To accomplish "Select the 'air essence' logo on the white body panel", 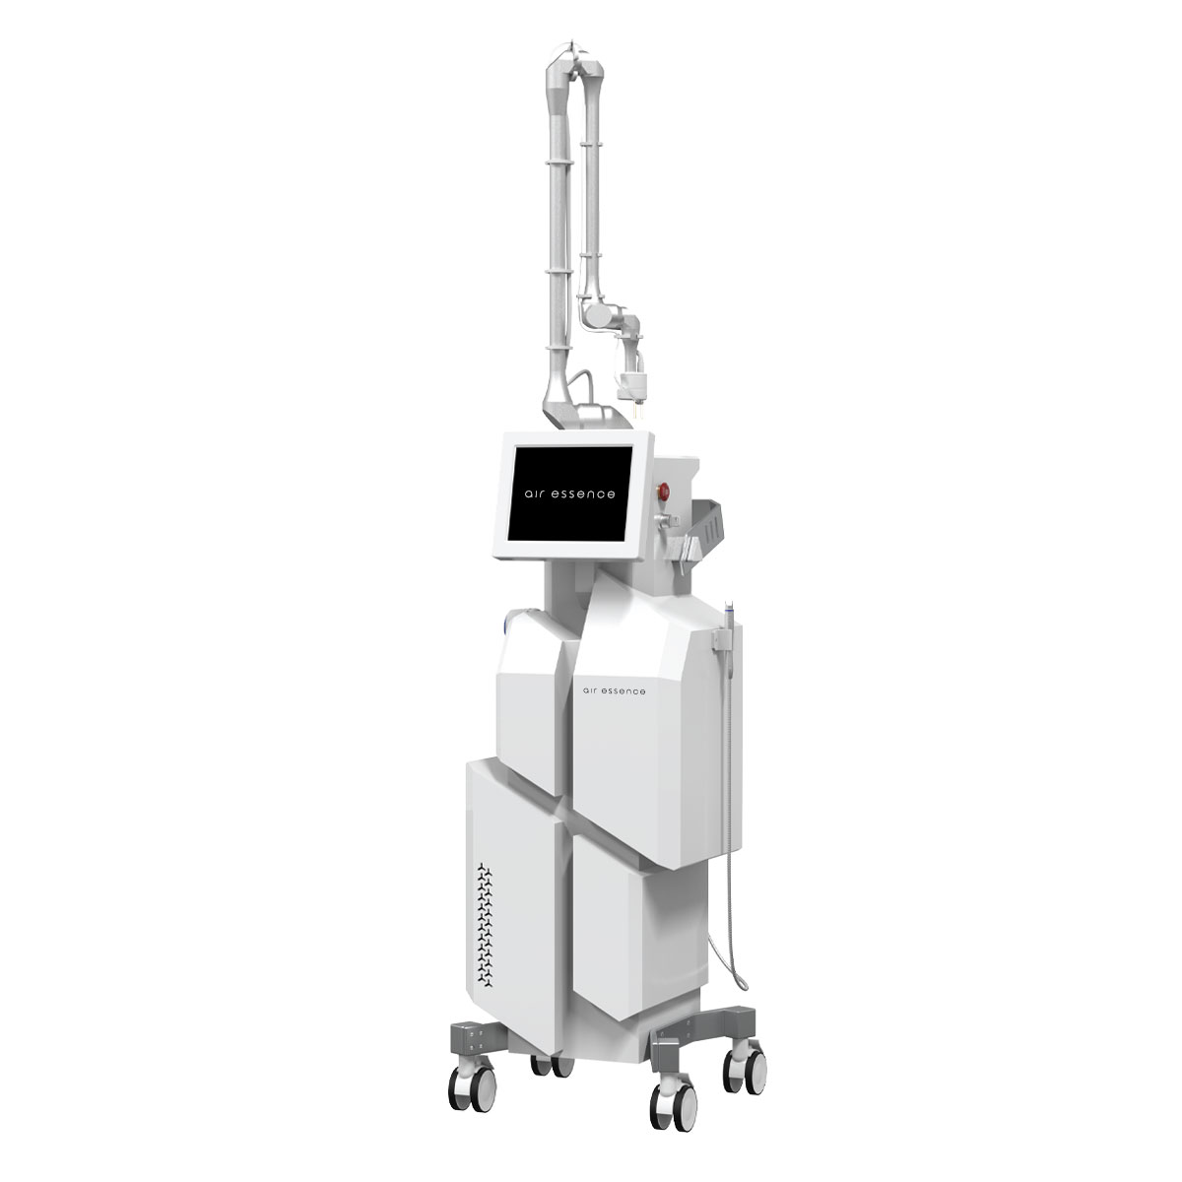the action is coord(614,691).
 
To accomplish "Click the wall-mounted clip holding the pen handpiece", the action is coord(719,641).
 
